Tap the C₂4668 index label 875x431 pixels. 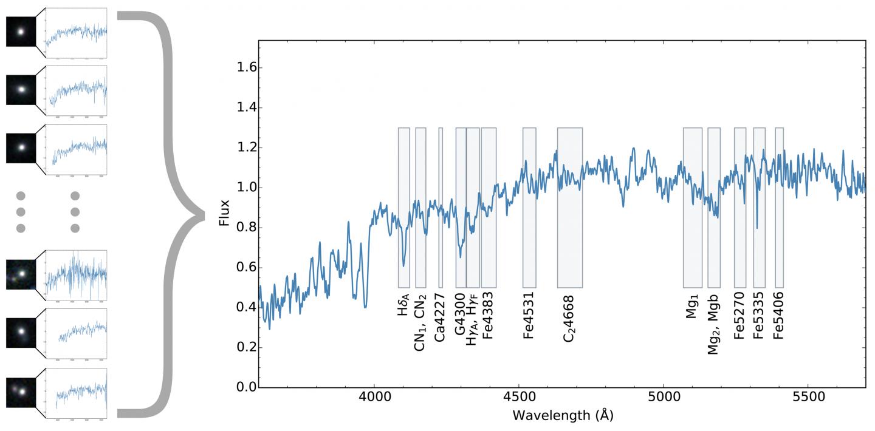tap(569, 320)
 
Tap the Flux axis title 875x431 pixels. tap(225, 214)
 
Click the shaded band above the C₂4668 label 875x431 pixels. tap(570, 207)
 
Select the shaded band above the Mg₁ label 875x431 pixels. tap(692, 207)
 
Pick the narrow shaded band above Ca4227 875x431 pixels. tap(441, 207)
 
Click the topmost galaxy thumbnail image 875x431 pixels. tap(21, 30)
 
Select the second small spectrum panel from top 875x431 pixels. tap(76, 89)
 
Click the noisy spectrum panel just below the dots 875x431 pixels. tap(76, 275)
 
